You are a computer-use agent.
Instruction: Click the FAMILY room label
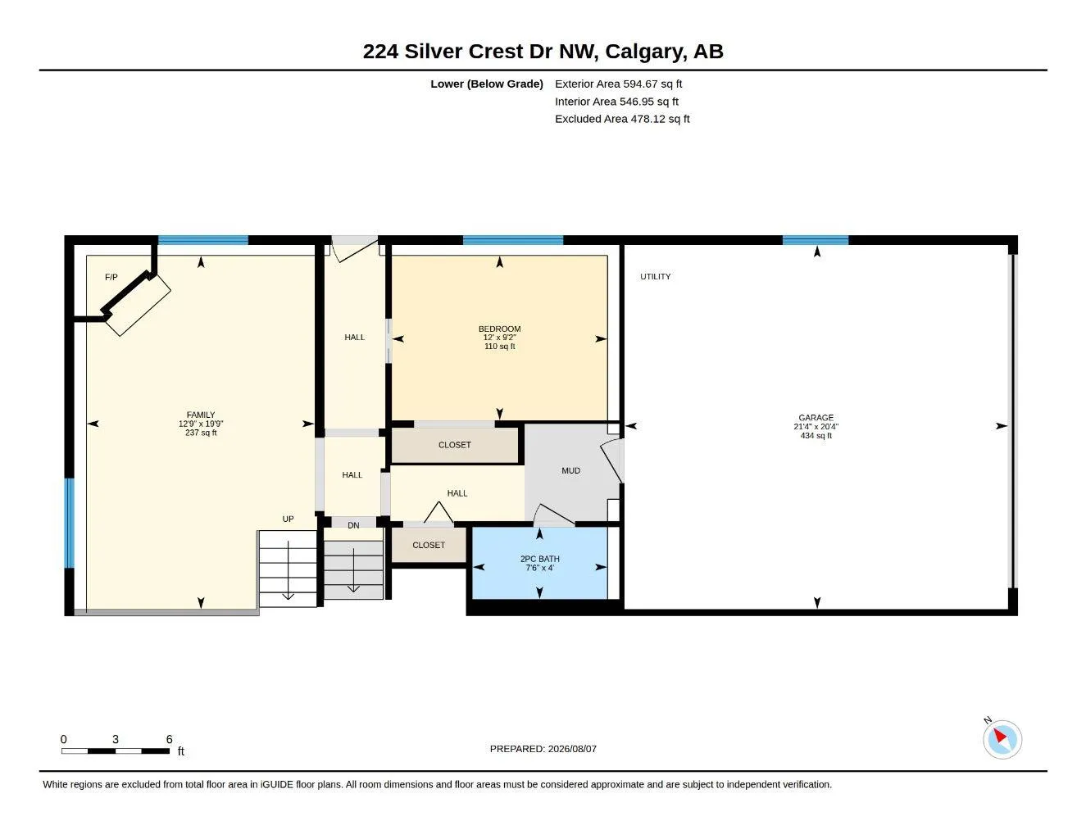[x=201, y=415]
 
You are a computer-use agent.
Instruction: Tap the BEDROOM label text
[x=499, y=329]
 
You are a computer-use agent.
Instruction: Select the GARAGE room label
[x=816, y=418]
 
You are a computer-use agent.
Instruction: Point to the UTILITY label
[x=655, y=276]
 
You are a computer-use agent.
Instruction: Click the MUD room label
[x=570, y=470]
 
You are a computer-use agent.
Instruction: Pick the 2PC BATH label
[x=540, y=559]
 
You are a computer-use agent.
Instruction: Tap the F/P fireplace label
[x=111, y=277]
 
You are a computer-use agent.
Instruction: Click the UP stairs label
[x=288, y=519]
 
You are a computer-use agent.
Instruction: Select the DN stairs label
[x=353, y=525]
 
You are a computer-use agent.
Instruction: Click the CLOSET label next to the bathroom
[x=429, y=545]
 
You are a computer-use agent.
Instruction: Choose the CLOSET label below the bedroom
[x=454, y=444]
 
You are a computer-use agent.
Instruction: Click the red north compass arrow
[x=1000, y=735]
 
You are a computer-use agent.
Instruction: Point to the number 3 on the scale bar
[x=116, y=739]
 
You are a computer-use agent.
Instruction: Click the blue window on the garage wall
[x=816, y=240]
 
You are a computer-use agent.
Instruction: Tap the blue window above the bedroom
[x=513, y=240]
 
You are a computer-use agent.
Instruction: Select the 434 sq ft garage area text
[x=816, y=436]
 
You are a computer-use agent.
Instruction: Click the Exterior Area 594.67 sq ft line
[x=618, y=84]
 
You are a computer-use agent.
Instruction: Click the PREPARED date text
[x=543, y=749]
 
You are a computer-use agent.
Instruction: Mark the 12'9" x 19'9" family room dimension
[x=201, y=424]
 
